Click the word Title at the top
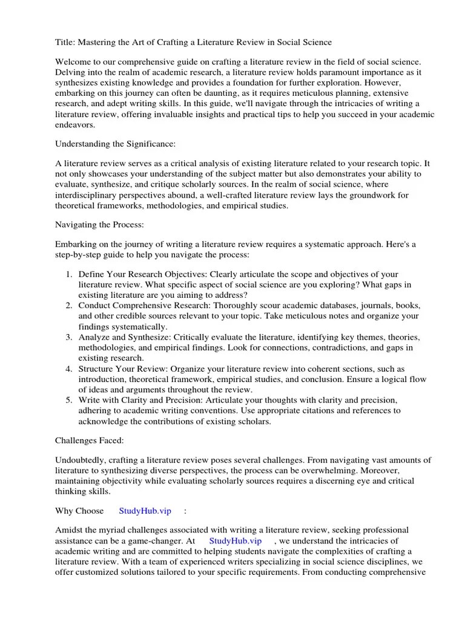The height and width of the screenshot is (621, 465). point(65,42)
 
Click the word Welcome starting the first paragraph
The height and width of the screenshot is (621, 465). point(75,62)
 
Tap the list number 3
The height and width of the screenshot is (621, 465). point(68,337)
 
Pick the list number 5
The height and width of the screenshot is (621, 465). point(68,400)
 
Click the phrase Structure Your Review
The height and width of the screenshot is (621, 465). point(123,369)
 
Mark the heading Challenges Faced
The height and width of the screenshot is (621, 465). point(90,441)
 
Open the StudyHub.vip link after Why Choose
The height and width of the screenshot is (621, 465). point(145,511)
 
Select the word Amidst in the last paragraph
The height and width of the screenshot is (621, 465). point(70,531)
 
